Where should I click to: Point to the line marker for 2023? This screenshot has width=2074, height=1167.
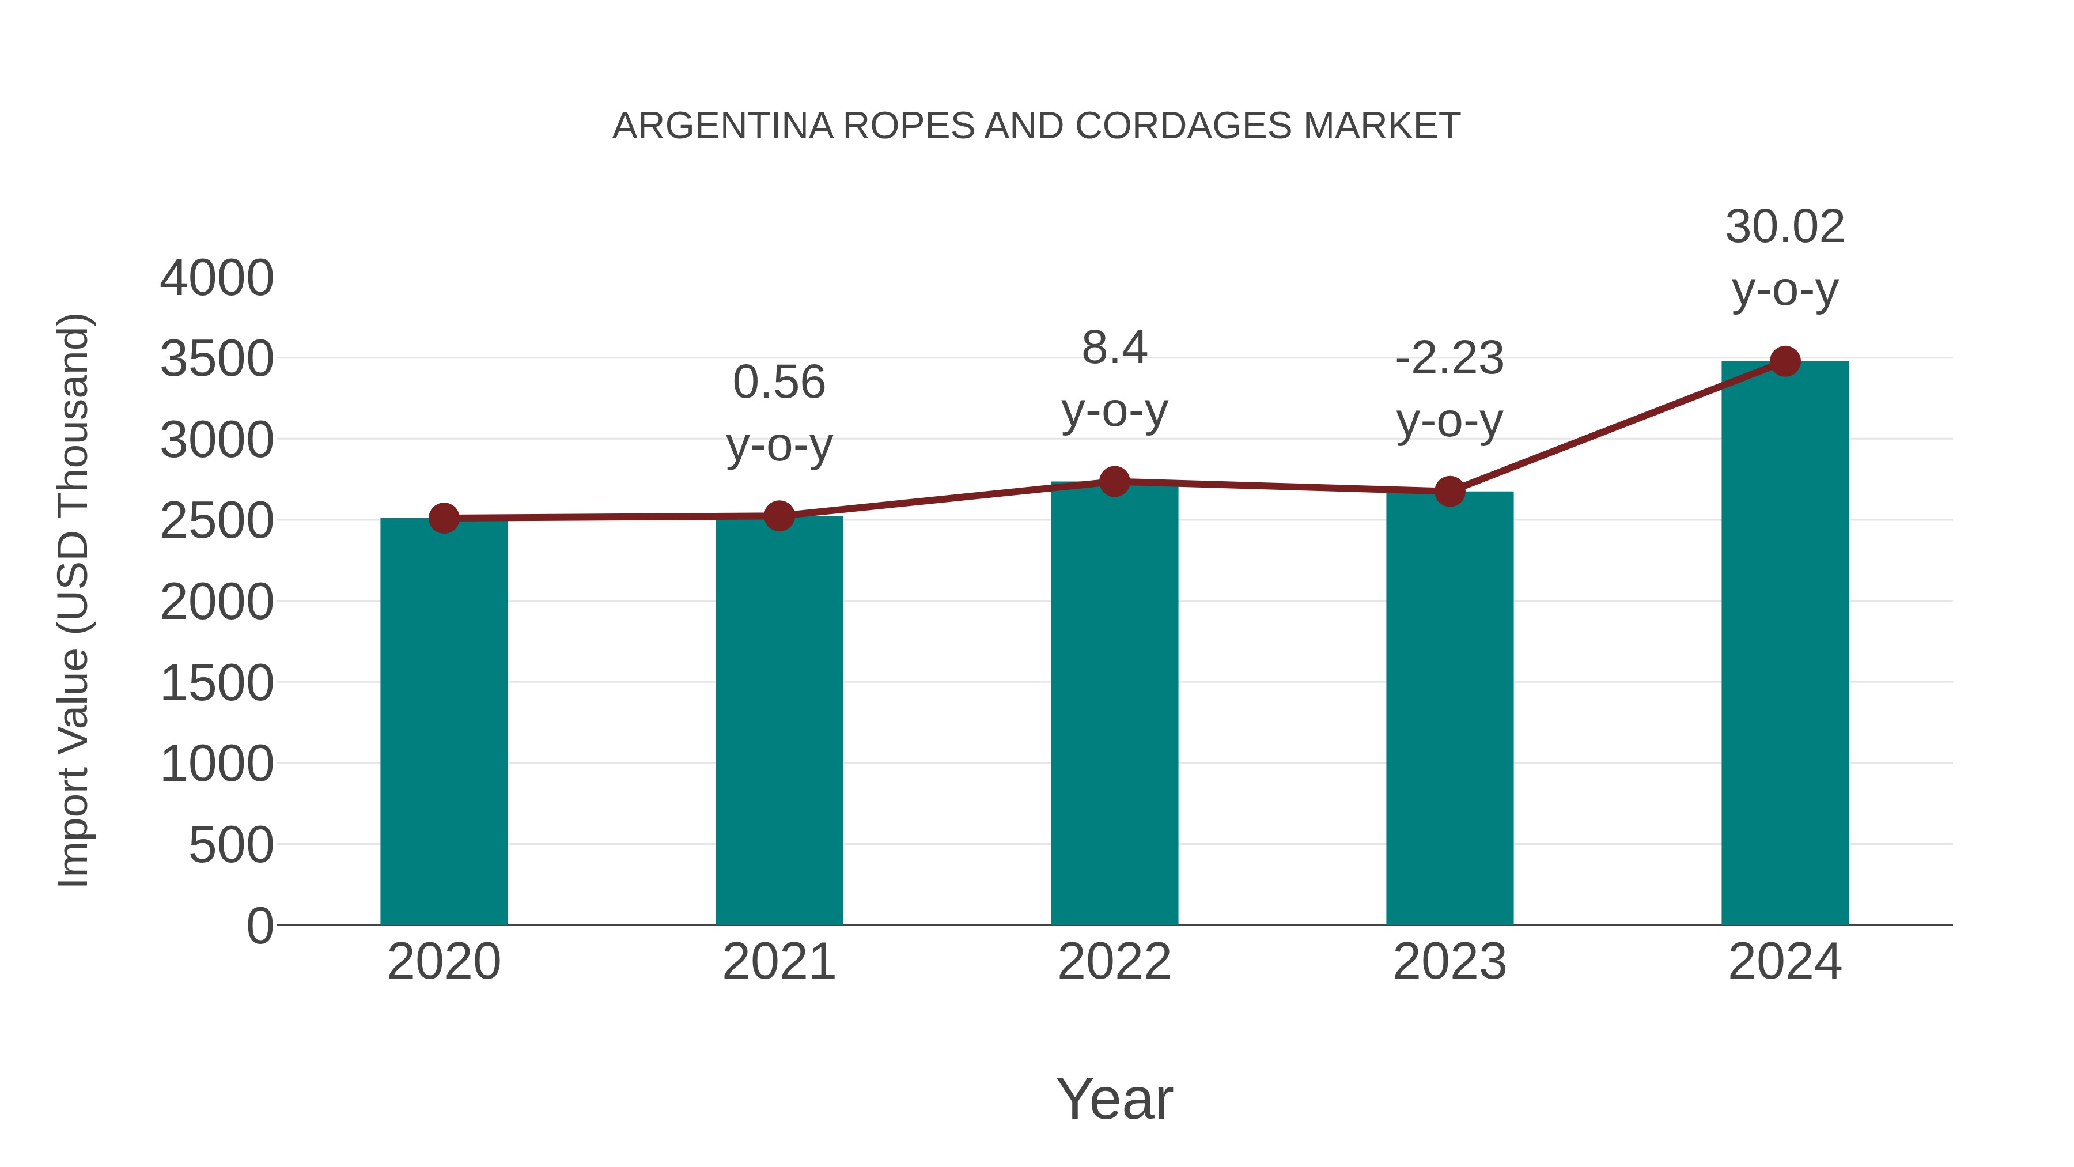(1449, 490)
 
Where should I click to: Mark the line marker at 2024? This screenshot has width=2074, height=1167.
(1785, 361)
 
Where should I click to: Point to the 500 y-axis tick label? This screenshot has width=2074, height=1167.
(231, 845)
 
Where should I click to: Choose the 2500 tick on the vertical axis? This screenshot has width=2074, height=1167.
(217, 521)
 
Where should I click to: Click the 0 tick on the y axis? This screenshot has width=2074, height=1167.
(260, 926)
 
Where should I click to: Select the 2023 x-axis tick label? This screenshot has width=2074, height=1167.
(1449, 962)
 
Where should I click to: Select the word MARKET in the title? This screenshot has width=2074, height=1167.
(1382, 126)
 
